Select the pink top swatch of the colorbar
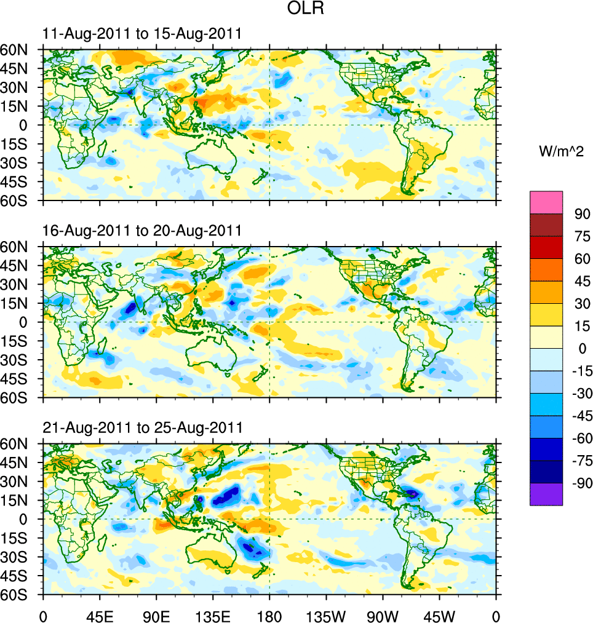tap(546, 202)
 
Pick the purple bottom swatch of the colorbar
tap(546, 494)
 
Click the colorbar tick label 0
tap(578, 349)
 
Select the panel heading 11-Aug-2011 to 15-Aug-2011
tap(141, 34)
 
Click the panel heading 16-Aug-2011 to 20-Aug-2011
tap(141, 231)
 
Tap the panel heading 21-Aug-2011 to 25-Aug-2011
tap(141, 427)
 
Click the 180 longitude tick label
tap(269, 615)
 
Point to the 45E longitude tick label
tap(100, 615)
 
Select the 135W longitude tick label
tap(326, 615)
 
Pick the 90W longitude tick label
tap(383, 615)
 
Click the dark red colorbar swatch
tap(546, 224)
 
